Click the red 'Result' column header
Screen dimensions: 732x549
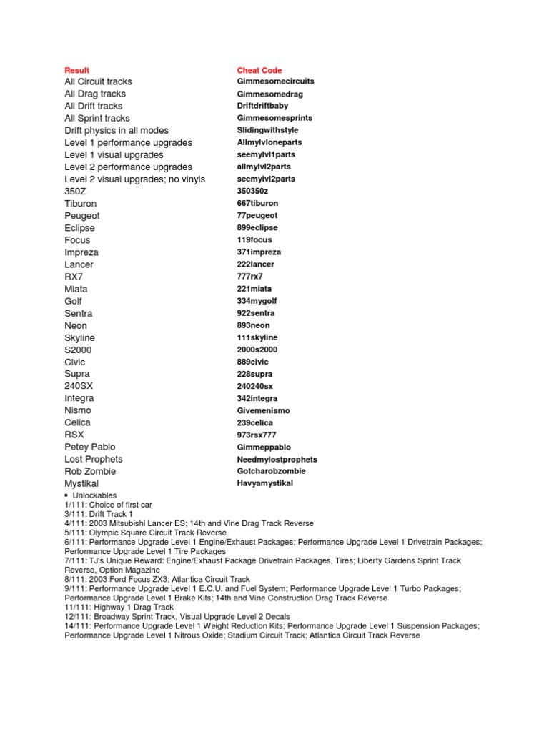click(x=77, y=70)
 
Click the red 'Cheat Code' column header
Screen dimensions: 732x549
click(x=259, y=70)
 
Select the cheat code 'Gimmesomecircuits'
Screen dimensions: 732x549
click(x=275, y=81)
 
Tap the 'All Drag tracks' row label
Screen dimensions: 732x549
click(x=95, y=94)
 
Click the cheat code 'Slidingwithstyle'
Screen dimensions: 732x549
click(x=267, y=130)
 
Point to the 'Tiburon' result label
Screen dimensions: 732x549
click(x=80, y=204)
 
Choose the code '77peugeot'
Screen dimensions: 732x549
click(x=257, y=215)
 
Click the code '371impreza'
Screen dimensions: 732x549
click(x=259, y=252)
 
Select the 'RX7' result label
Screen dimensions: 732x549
click(x=74, y=277)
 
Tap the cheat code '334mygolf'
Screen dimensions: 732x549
click(x=257, y=301)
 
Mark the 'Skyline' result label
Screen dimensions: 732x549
click(x=79, y=337)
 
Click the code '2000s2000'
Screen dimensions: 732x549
click(x=257, y=350)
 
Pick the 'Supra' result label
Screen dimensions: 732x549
click(x=77, y=374)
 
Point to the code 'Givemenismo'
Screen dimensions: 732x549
click(x=263, y=411)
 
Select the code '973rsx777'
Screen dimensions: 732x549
click(x=257, y=435)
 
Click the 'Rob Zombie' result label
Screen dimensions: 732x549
click(x=90, y=471)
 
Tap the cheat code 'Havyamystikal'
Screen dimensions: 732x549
click(x=265, y=483)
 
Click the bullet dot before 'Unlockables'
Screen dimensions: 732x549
click(x=66, y=495)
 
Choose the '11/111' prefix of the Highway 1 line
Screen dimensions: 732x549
click(x=76, y=607)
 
